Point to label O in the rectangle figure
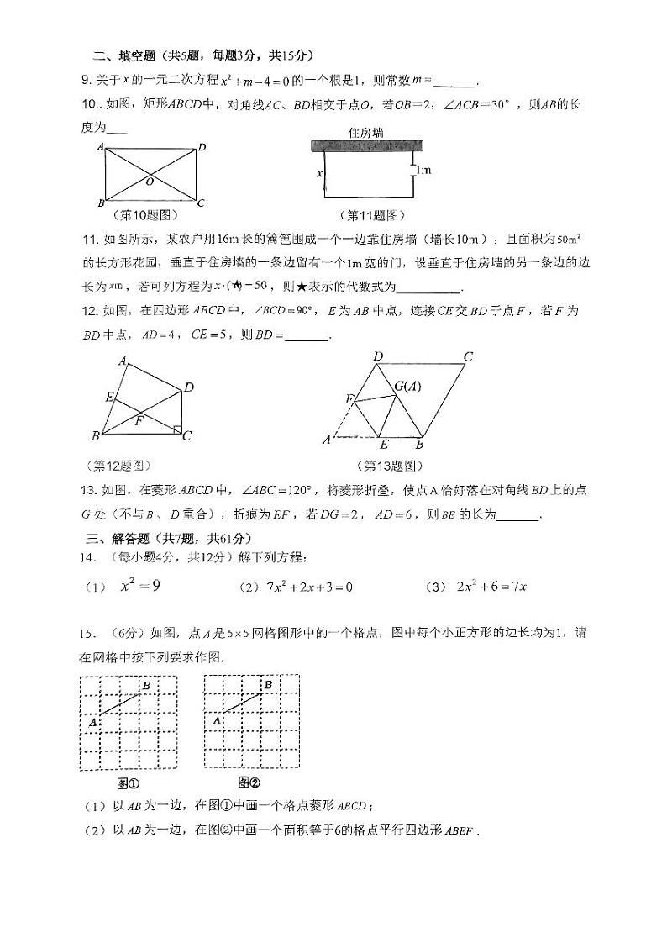(149, 181)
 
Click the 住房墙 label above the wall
(365, 132)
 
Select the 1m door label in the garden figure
(423, 171)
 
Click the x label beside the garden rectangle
(319, 174)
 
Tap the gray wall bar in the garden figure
(365, 146)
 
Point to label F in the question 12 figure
(139, 421)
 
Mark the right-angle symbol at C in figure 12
(176, 430)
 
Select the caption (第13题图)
(389, 466)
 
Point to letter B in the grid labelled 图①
(146, 687)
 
